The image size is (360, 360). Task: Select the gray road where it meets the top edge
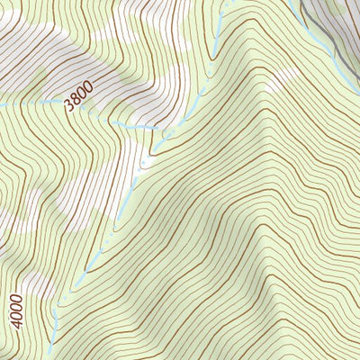303,3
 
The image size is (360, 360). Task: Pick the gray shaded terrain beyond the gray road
346,18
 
